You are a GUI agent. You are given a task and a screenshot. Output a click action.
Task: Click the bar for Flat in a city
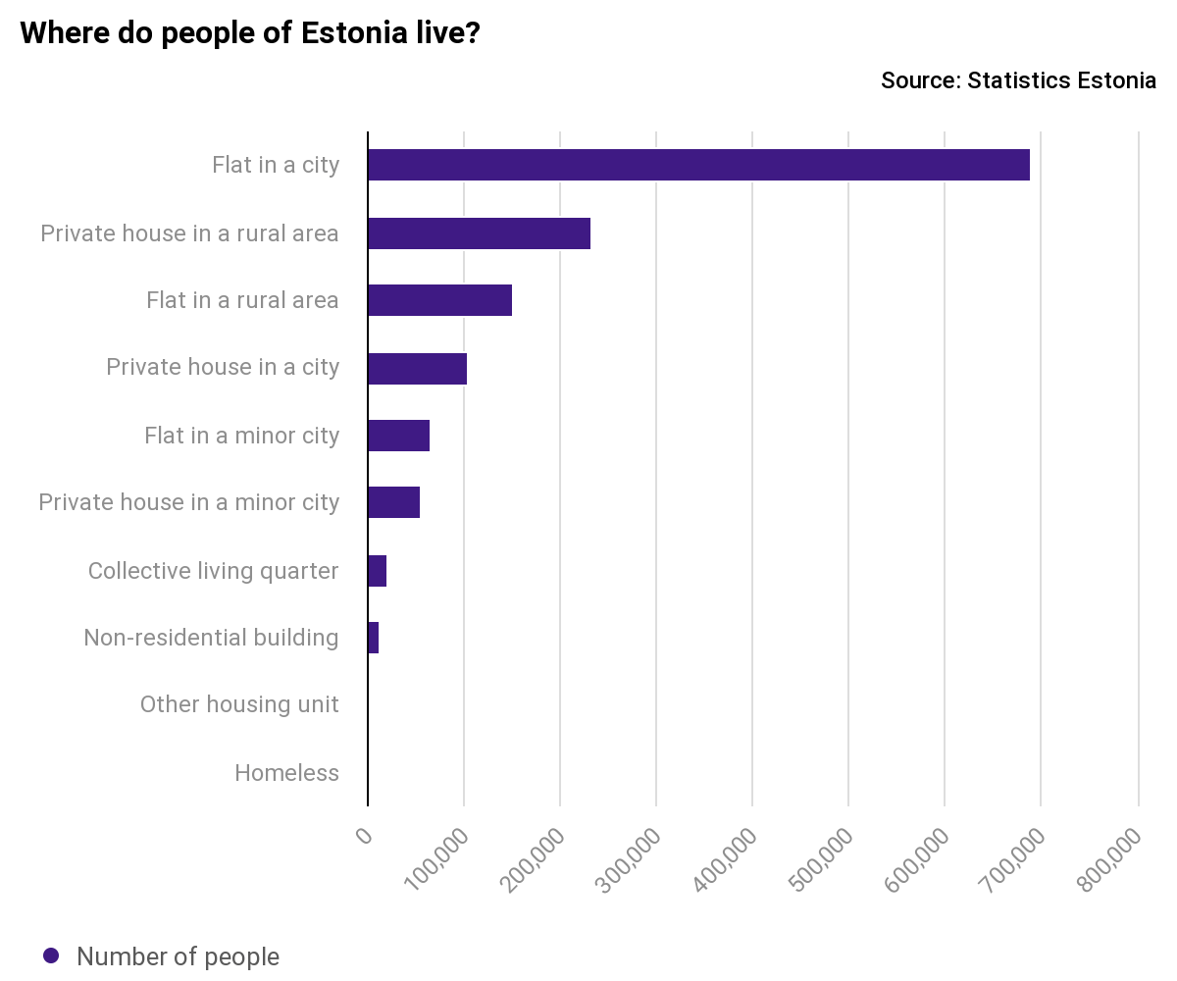pyautogui.click(x=698, y=166)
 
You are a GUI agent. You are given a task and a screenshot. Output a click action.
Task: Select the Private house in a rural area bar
pyautogui.click(x=479, y=233)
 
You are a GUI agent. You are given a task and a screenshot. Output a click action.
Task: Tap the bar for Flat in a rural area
pyautogui.click(x=439, y=300)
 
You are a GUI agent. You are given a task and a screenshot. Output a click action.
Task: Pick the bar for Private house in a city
pyautogui.click(x=417, y=368)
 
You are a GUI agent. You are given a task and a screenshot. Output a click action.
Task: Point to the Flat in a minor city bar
pyautogui.click(x=398, y=436)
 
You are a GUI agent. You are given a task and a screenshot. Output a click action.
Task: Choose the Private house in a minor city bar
pyautogui.click(x=393, y=502)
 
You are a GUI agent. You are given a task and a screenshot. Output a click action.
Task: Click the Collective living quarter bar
pyautogui.click(x=378, y=571)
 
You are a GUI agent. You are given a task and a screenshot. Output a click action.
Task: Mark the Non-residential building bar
pyautogui.click(x=374, y=638)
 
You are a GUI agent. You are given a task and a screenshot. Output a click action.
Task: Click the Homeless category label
pyautogui.click(x=286, y=773)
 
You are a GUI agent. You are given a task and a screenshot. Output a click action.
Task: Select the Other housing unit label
pyautogui.click(x=239, y=704)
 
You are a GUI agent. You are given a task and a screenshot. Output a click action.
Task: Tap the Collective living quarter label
pyautogui.click(x=213, y=571)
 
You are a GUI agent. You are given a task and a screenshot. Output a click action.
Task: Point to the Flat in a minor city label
pyautogui.click(x=241, y=436)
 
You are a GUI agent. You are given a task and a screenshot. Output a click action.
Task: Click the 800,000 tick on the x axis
pyautogui.click(x=1110, y=859)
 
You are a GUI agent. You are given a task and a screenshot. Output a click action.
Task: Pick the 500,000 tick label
pyautogui.click(x=822, y=859)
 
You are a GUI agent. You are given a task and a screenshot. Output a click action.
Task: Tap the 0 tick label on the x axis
pyautogui.click(x=364, y=836)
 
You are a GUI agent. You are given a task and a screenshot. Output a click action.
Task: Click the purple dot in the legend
pyautogui.click(x=52, y=955)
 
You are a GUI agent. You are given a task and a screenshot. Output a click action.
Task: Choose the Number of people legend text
pyautogui.click(x=178, y=956)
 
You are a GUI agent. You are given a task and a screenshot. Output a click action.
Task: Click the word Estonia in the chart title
pyautogui.click(x=353, y=33)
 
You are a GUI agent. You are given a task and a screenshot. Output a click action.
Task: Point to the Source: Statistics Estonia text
pyautogui.click(x=1018, y=80)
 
